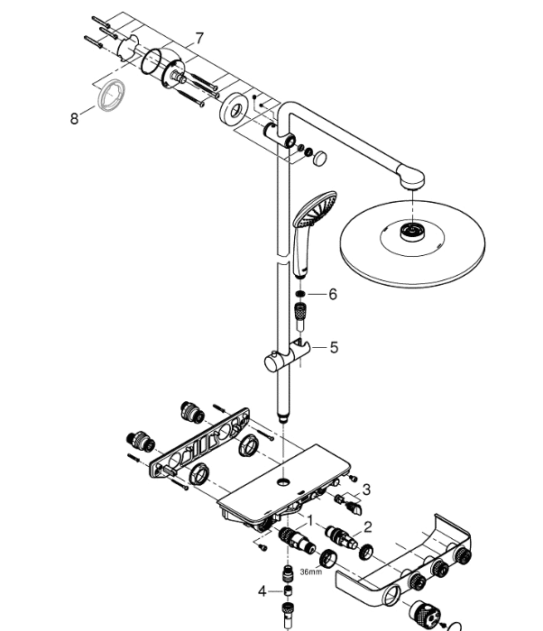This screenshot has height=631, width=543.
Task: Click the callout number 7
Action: point(200,39)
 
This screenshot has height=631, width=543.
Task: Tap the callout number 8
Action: point(74,119)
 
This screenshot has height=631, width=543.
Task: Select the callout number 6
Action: point(332,294)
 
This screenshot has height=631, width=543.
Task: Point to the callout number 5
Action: point(334,347)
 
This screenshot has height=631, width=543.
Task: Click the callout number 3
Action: point(366,490)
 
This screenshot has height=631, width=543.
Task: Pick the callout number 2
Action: point(368,527)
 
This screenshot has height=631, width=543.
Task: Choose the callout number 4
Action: point(262,591)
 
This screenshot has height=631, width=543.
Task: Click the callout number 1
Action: point(309,521)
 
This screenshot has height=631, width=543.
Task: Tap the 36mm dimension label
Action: point(311,572)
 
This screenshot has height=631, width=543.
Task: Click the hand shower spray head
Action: point(315,208)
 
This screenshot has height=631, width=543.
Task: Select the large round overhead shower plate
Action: point(412,244)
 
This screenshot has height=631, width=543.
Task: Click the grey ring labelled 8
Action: point(111,96)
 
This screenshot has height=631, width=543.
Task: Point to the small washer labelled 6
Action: point(300,294)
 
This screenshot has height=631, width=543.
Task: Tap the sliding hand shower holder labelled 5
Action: point(286,356)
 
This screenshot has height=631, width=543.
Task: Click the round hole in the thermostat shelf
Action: point(283,481)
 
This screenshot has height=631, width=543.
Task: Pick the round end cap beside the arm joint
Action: point(320,158)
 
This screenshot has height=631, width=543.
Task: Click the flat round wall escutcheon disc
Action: point(234,109)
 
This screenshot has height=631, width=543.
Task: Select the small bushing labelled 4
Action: point(288,590)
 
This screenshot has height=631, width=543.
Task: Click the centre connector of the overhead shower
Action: point(412,232)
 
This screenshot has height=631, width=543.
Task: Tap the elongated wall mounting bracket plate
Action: point(199,444)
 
